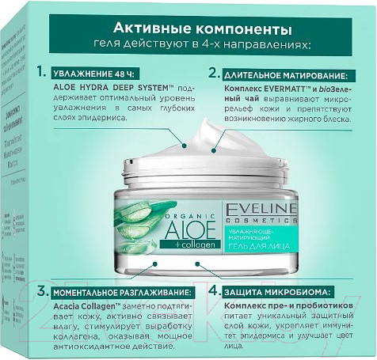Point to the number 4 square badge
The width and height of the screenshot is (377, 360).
point(214,290)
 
